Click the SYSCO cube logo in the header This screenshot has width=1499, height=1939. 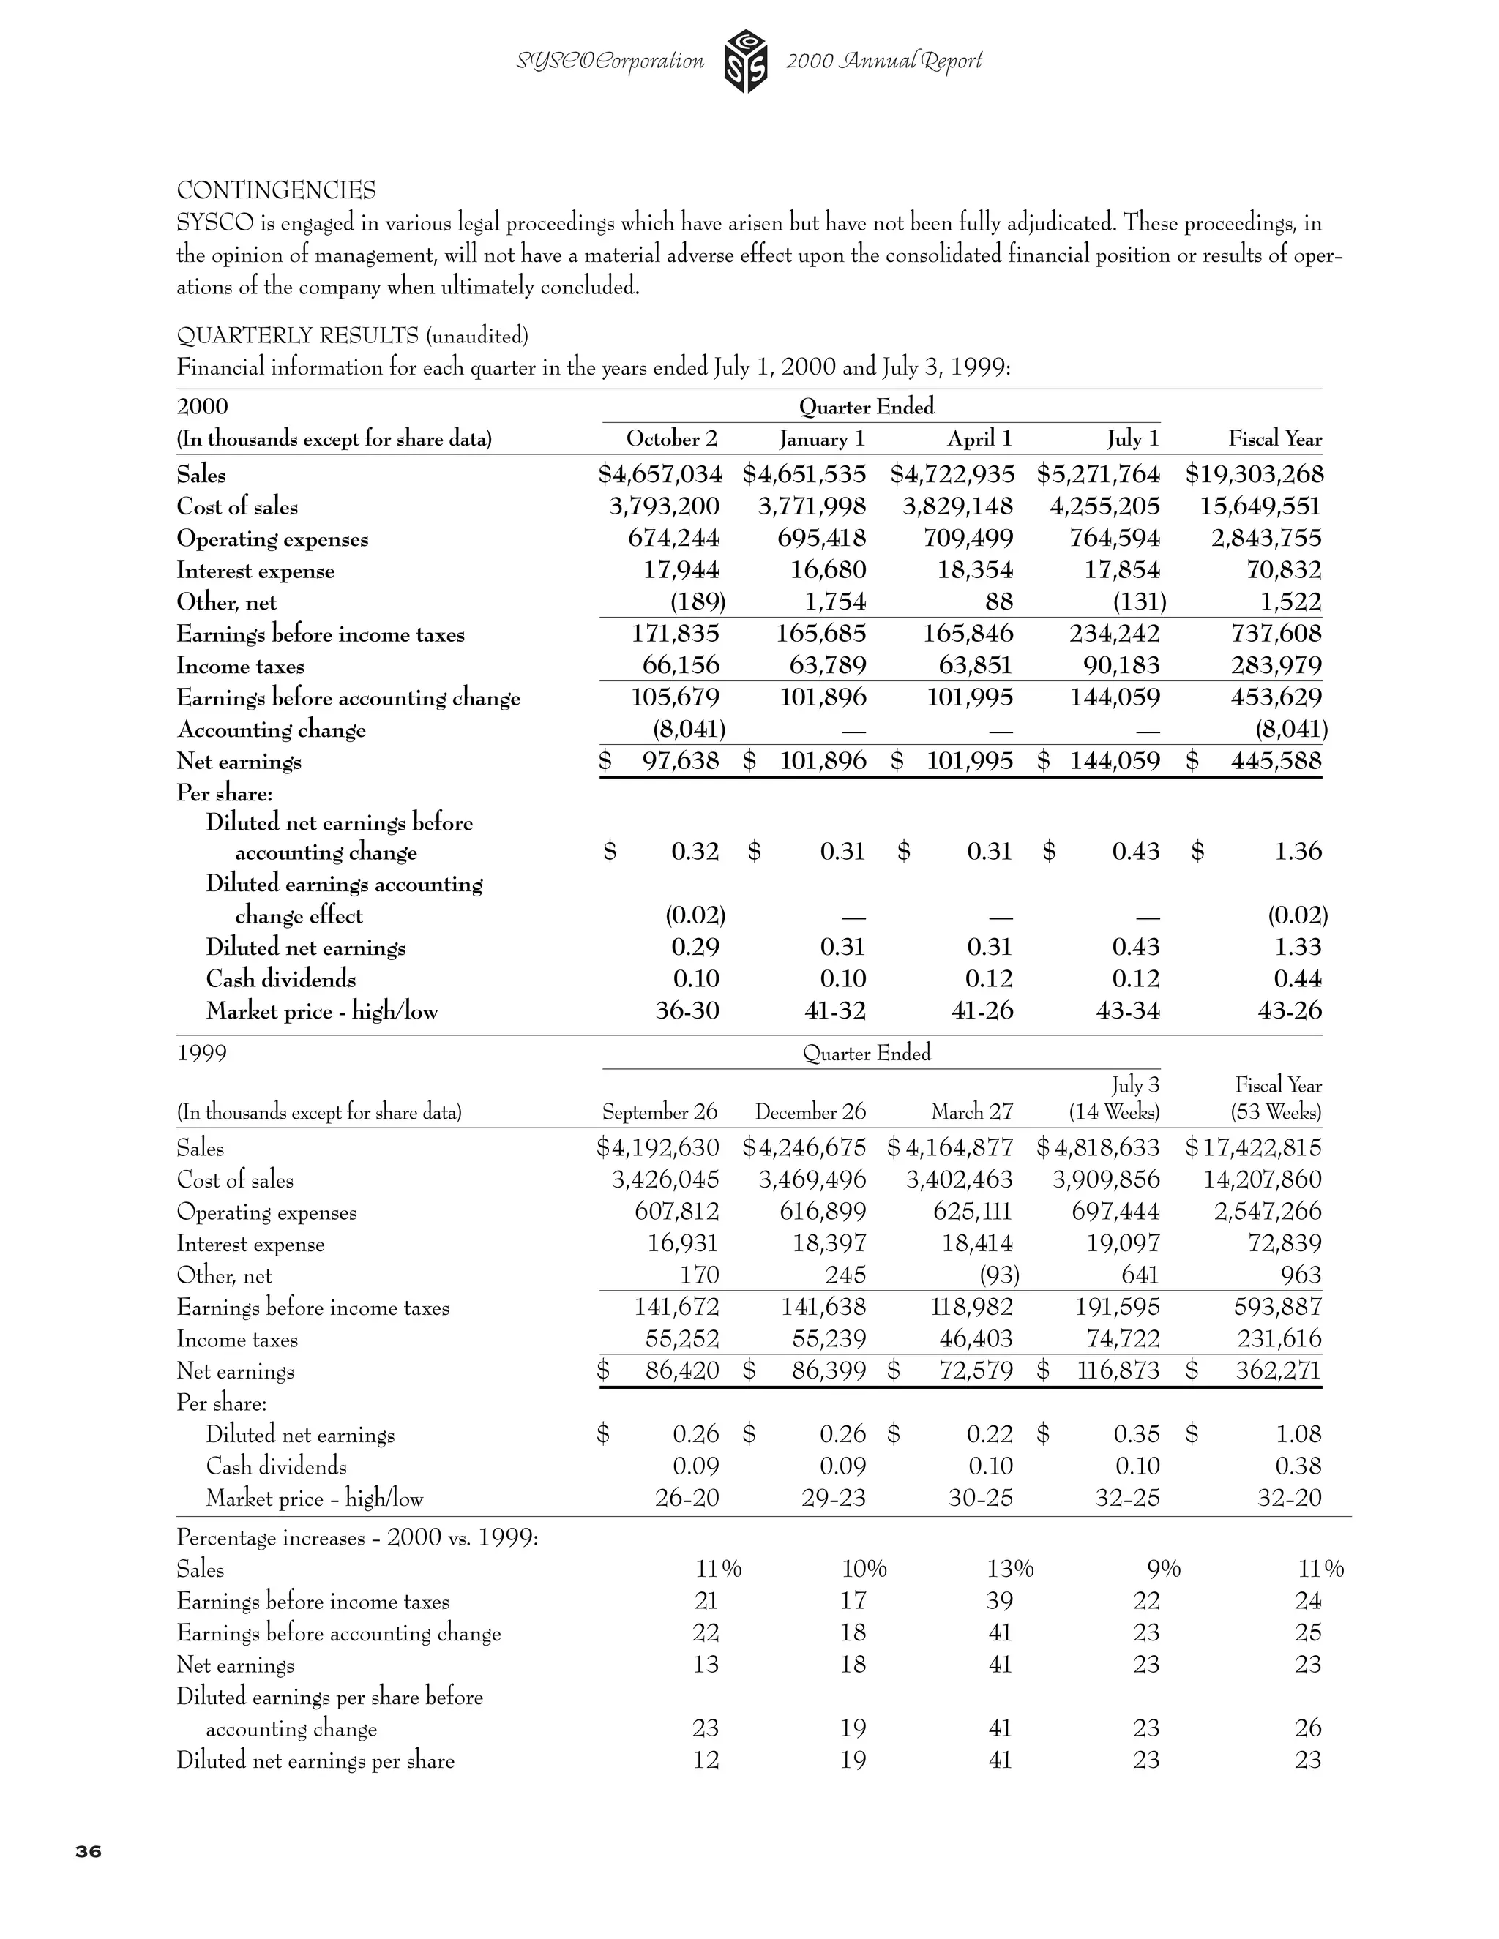click(745, 61)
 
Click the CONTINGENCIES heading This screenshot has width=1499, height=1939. click(276, 190)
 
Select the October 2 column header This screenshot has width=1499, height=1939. click(671, 438)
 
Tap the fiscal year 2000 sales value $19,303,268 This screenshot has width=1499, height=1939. click(1254, 474)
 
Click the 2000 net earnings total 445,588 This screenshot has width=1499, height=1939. click(1275, 761)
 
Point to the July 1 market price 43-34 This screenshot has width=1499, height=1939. click(1127, 1010)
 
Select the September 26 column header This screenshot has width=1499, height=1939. click(659, 1111)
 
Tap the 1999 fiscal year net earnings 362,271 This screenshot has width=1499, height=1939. click(1278, 1370)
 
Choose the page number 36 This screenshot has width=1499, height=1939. click(88, 1851)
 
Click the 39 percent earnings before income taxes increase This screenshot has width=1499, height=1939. click(999, 1601)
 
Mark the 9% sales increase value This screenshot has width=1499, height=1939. click(1162, 1569)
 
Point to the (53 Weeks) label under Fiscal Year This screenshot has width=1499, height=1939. click(1275, 1111)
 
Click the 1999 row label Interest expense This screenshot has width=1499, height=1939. click(250, 1244)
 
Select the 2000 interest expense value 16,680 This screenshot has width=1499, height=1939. click(828, 570)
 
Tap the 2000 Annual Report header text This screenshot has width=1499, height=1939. click(883, 61)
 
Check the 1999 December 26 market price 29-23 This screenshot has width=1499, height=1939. click(832, 1499)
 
